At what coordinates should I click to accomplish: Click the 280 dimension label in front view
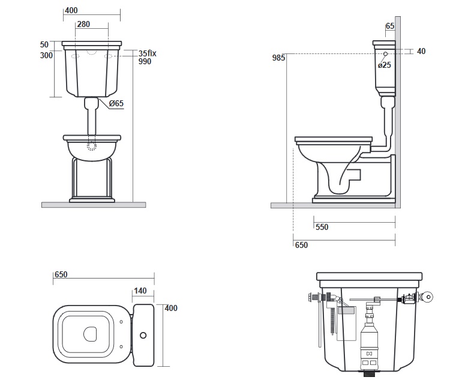pos(83,25)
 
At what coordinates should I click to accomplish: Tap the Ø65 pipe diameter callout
pos(116,103)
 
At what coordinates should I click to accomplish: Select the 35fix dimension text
pos(148,53)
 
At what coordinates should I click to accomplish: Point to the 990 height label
pos(145,61)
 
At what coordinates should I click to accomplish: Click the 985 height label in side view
pos(278,58)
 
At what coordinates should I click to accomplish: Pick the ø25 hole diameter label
pos(384,65)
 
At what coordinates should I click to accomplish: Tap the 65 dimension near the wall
pos(390,26)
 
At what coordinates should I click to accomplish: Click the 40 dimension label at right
pos(421,51)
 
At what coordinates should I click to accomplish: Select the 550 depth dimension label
pos(322,227)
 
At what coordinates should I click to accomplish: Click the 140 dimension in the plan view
pos(140,291)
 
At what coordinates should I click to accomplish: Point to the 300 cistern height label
pos(46,55)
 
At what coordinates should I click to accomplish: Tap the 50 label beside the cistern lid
pos(44,45)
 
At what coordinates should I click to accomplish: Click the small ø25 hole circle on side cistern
pos(385,54)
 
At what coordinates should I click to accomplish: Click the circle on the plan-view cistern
pos(143,335)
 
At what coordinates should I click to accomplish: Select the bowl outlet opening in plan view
pos(90,334)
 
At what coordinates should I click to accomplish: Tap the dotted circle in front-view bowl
pos(92,146)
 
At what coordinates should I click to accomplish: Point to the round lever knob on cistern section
pos(427,297)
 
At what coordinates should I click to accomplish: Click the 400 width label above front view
pos(71,11)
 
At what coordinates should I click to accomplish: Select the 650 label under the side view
pos(301,246)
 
